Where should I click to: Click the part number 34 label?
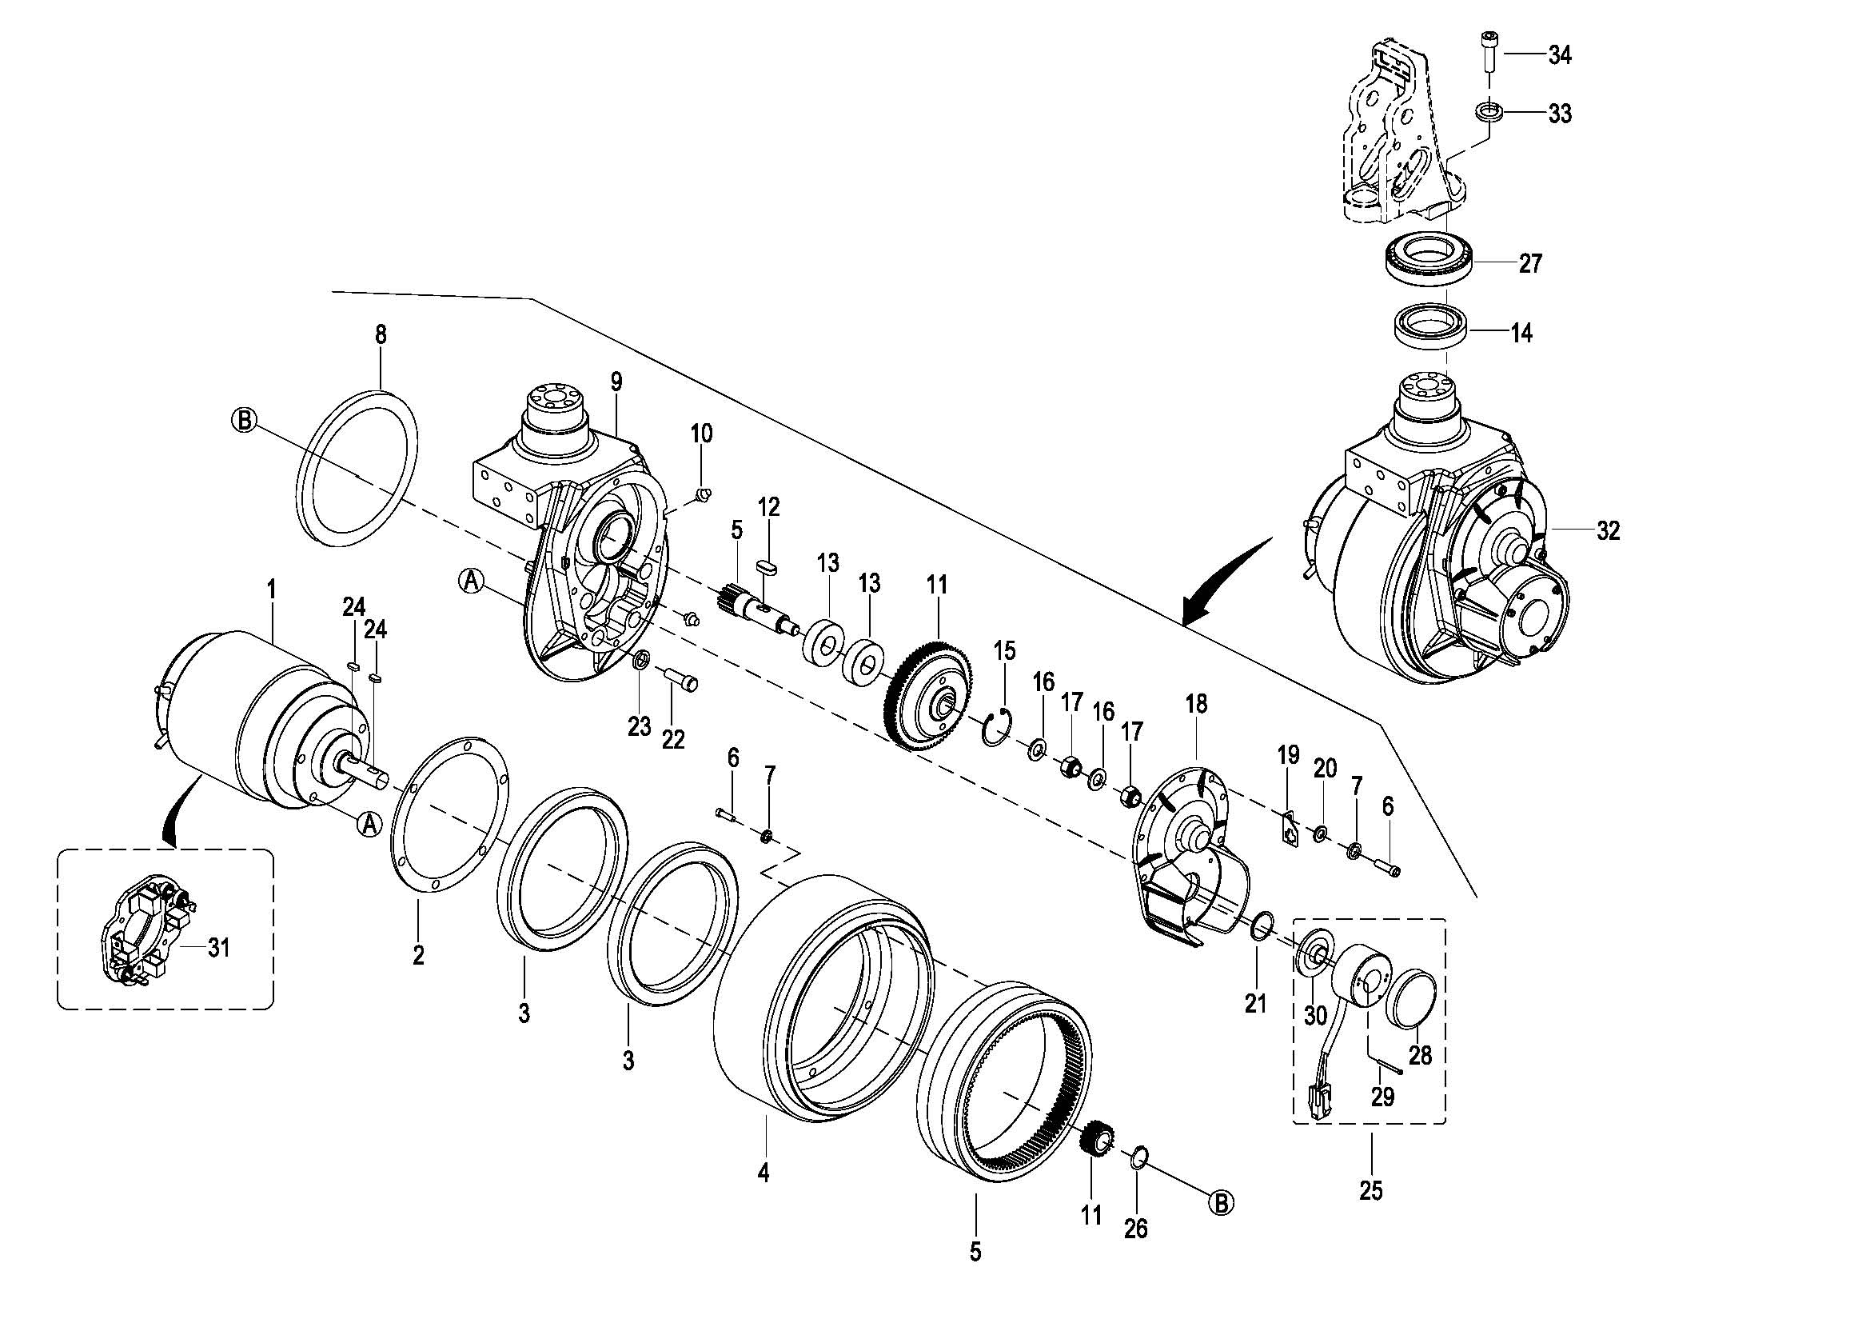pyautogui.click(x=1560, y=55)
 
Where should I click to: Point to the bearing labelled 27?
pyautogui.click(x=1429, y=259)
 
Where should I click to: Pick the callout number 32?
pyautogui.click(x=1609, y=531)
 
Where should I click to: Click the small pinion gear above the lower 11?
pyautogui.click(x=1098, y=1138)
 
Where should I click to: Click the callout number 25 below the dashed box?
pyautogui.click(x=1372, y=1191)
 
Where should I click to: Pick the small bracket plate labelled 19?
pyautogui.click(x=1288, y=829)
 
